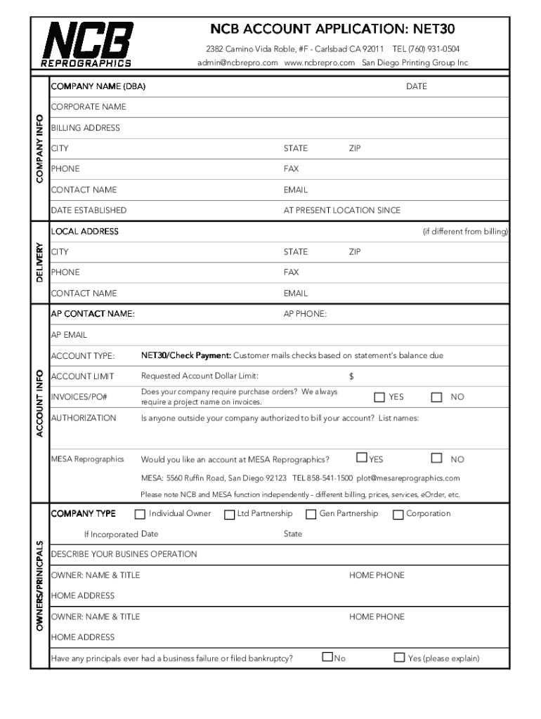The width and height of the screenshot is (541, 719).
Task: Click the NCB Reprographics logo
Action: [87, 44]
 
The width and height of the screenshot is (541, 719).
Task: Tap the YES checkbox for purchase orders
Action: [379, 397]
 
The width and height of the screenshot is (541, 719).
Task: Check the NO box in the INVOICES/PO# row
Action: [437, 397]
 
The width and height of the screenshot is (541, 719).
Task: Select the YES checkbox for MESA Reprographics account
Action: [362, 458]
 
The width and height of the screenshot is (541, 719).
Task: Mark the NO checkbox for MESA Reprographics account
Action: [437, 459]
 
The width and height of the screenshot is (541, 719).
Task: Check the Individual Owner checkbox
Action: [141, 514]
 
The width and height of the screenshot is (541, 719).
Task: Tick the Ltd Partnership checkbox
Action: [229, 515]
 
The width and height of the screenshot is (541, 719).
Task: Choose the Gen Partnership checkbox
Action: [311, 514]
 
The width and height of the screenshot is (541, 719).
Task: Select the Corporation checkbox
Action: [398, 515]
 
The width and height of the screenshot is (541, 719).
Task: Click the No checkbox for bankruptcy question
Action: [327, 658]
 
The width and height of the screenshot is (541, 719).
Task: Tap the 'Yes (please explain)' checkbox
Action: [399, 658]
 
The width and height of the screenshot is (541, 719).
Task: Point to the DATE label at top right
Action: [416, 86]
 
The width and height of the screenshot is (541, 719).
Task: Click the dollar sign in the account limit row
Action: [351, 376]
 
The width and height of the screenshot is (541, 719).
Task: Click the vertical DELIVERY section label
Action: [40, 263]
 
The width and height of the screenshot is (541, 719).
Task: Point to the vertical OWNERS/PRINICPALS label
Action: [40, 585]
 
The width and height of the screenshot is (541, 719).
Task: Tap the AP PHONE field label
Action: [305, 314]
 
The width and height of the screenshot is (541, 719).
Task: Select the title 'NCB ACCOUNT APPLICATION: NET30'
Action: [334, 29]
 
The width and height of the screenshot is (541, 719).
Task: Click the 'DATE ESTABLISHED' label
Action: [89, 210]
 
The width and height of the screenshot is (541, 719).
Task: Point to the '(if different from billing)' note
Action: [465, 231]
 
